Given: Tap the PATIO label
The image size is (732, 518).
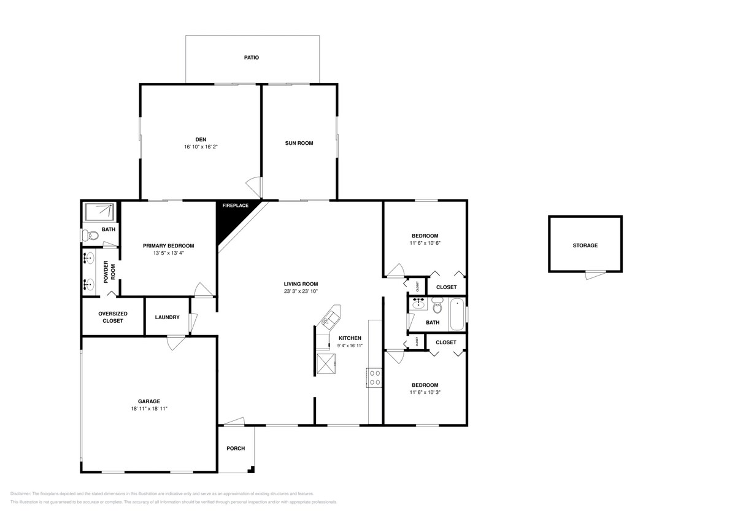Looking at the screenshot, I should point(252,58).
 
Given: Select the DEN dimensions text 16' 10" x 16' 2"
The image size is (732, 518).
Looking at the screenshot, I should point(200,147).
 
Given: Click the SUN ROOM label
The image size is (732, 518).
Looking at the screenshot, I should point(299,143).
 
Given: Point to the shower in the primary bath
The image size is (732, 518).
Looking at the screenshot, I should point(100,212).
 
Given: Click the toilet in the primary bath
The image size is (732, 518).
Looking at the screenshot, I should point(91,235).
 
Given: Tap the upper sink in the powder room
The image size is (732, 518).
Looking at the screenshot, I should point(90,258).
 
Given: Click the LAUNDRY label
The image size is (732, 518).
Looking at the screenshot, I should point(167,317).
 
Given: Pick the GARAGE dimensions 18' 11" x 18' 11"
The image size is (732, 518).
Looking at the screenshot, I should point(148,408).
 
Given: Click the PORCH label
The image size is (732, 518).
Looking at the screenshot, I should point(236,449).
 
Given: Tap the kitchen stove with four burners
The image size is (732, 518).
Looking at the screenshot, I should point(374,377).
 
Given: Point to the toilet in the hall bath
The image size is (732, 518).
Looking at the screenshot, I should point(437,306).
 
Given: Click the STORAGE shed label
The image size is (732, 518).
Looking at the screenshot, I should point(585,245).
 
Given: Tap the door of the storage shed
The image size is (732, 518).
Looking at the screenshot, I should point(593,275).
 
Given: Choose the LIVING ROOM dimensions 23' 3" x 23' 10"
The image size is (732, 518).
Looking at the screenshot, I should point(301,292).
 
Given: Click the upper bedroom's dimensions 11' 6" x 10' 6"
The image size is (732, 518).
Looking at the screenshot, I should point(425,243).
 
